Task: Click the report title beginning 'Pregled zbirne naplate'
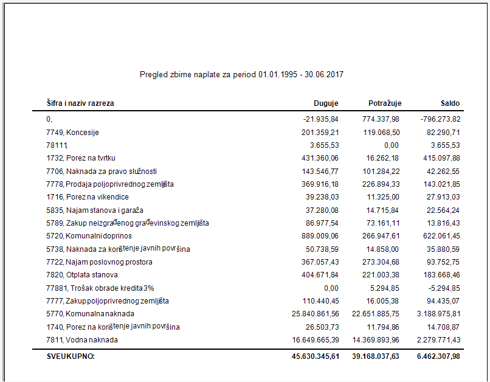click(242, 74)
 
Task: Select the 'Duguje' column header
click(325, 103)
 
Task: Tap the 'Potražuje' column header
click(385, 103)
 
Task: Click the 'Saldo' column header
click(450, 103)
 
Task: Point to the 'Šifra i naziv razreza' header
click(80, 103)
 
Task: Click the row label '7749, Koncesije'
click(72, 132)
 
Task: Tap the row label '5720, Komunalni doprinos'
click(89, 236)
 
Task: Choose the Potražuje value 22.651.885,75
click(376, 314)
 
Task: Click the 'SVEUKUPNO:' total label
click(71, 356)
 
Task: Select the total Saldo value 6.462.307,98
click(434, 356)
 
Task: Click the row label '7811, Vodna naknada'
click(82, 340)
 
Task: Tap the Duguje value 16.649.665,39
click(315, 340)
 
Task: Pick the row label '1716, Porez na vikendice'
click(88, 197)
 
